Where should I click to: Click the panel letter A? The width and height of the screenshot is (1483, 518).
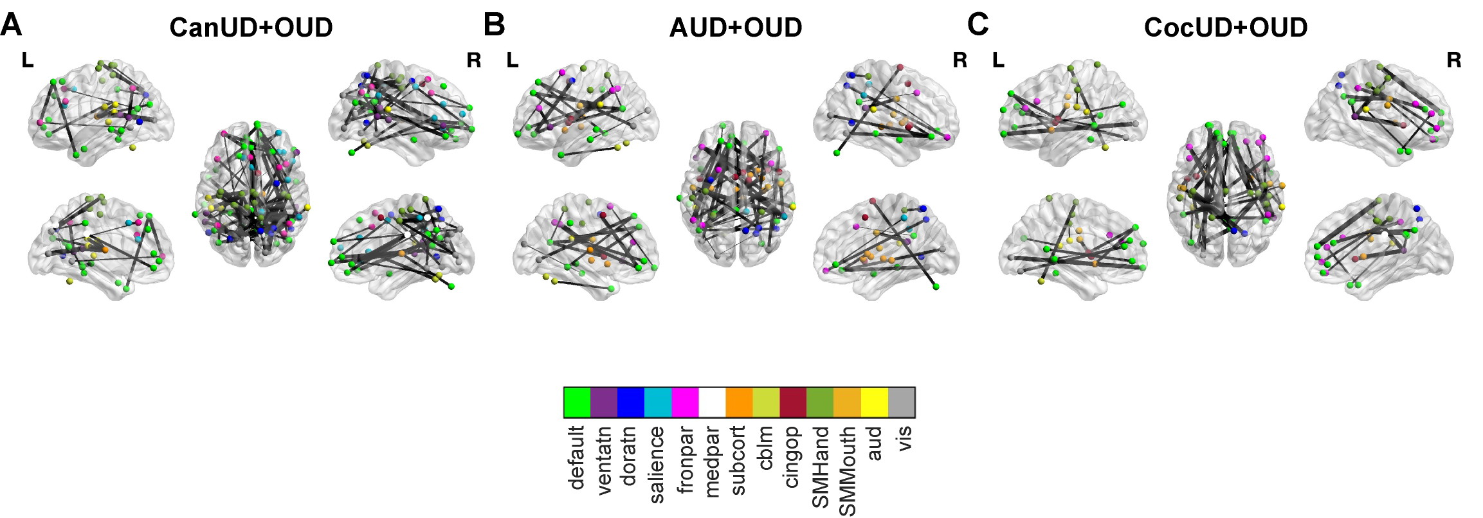(12, 26)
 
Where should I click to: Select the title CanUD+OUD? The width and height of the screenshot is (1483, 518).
(251, 28)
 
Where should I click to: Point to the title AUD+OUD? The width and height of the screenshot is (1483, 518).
(736, 28)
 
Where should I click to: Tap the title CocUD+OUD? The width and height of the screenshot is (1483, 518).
(1226, 28)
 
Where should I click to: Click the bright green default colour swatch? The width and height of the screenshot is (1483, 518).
(577, 402)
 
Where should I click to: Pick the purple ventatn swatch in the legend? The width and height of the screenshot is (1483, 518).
(604, 402)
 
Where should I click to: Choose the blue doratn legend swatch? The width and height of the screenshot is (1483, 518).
(631, 402)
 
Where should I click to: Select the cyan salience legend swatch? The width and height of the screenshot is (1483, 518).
(658, 402)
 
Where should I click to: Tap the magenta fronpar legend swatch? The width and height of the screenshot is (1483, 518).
(685, 402)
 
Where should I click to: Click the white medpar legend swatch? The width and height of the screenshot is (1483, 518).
(712, 402)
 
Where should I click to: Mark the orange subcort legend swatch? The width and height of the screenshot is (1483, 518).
(739, 402)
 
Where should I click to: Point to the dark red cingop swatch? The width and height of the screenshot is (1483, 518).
(793, 402)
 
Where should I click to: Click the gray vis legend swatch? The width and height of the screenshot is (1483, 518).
(901, 402)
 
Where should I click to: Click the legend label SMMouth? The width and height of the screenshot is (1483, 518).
(847, 471)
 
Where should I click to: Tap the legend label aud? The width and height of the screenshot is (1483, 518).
(873, 443)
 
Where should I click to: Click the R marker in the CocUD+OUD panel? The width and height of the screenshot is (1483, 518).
(1454, 60)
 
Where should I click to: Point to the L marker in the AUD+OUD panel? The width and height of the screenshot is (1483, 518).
(513, 60)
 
